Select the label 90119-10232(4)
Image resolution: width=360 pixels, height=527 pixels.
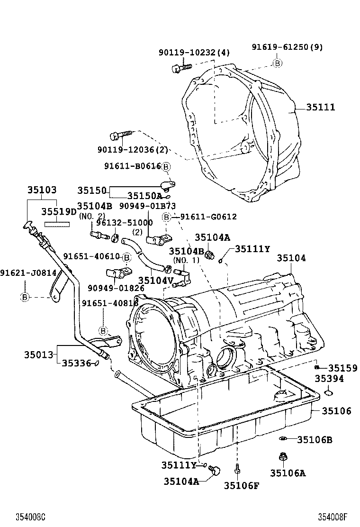coord(193,53)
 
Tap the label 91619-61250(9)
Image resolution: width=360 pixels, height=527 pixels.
coord(287,47)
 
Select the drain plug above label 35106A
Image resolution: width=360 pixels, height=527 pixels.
coord(282,457)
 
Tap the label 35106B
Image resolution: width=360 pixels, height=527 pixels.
coord(315,440)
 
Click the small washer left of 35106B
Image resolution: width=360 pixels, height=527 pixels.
coord(283,438)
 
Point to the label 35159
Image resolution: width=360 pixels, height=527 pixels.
coord(342,368)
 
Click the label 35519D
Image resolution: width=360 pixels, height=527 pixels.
coord(59,211)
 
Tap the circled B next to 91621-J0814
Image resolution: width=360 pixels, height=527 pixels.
coord(25,297)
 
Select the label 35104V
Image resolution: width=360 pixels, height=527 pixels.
coord(156,281)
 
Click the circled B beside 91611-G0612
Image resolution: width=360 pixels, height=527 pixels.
coord(166,217)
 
